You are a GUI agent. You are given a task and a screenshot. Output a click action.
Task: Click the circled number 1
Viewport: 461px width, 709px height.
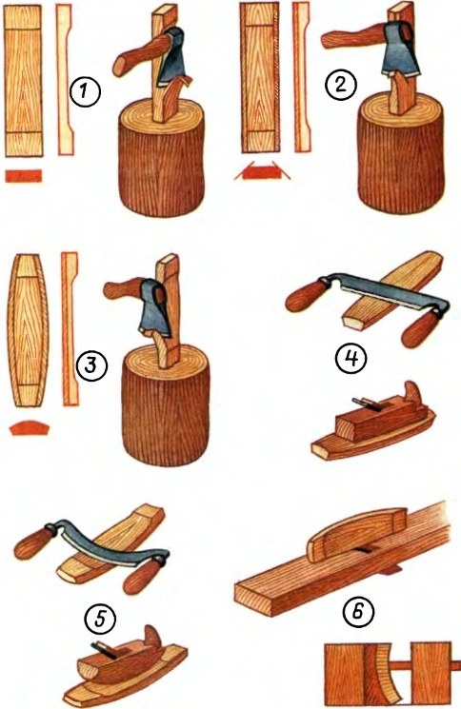[x=85, y=92]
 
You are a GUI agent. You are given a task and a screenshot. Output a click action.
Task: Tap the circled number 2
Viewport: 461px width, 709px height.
[x=340, y=85]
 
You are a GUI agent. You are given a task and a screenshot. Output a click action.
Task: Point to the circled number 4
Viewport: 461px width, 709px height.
[x=351, y=360]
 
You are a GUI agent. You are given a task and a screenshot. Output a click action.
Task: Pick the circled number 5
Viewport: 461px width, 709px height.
[x=100, y=619]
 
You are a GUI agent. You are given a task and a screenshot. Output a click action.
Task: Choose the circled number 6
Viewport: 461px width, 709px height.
[x=357, y=612]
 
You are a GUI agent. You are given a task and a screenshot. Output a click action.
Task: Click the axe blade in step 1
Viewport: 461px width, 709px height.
[x=170, y=57]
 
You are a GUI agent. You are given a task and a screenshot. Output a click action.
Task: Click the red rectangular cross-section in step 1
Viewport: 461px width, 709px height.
[x=24, y=176]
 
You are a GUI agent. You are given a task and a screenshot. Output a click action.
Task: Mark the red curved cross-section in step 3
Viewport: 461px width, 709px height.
[x=30, y=427]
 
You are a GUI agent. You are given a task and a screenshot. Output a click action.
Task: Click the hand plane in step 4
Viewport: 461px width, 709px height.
[x=372, y=425]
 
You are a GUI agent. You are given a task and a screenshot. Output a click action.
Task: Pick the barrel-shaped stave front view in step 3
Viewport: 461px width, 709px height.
[x=28, y=330]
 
